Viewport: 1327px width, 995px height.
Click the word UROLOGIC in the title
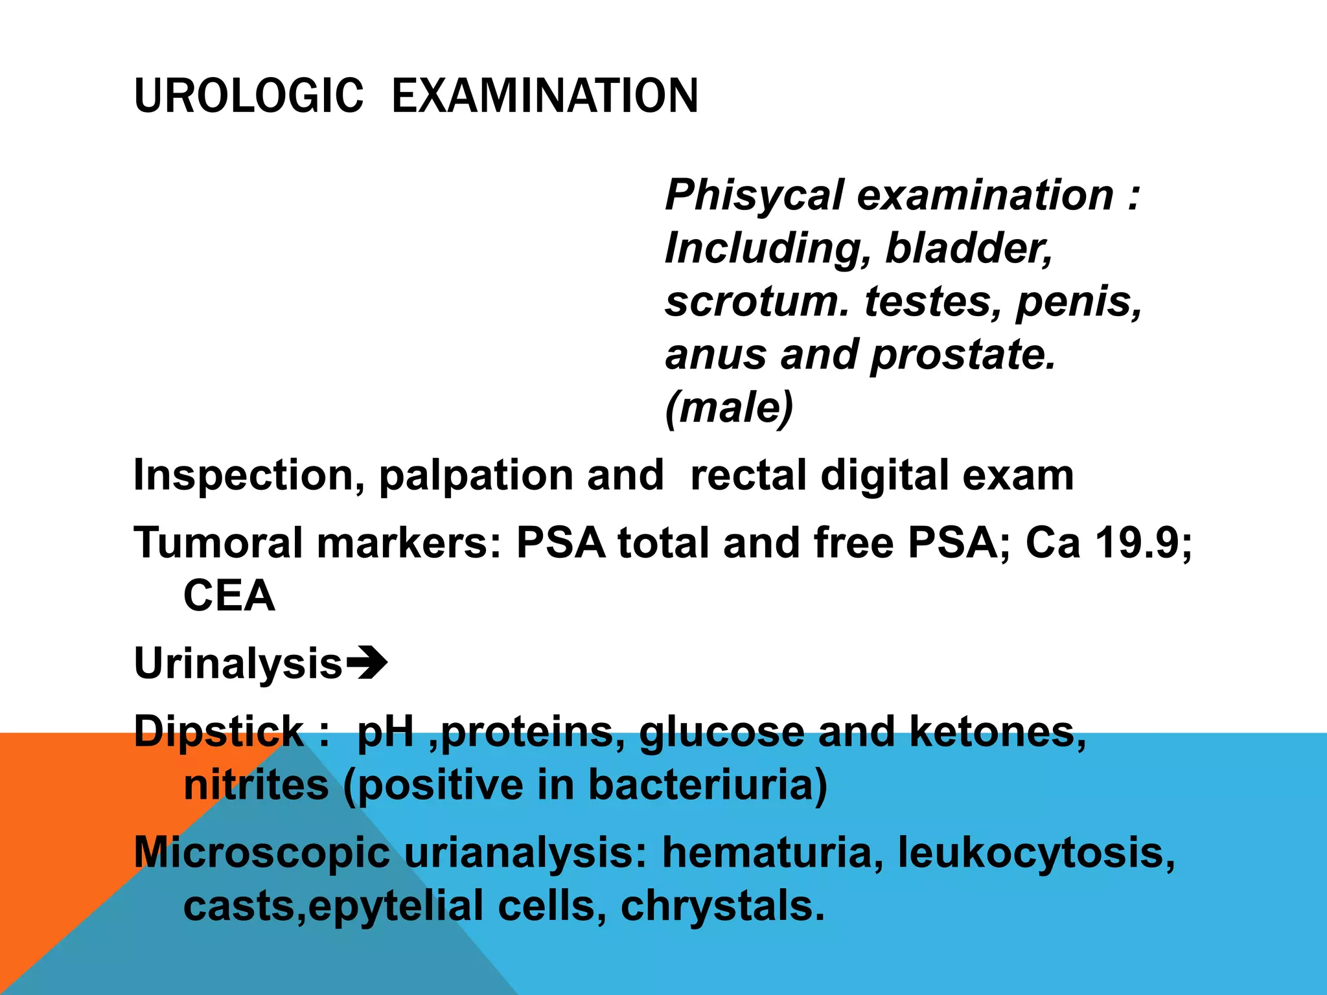point(248,96)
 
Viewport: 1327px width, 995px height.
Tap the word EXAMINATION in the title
point(545,96)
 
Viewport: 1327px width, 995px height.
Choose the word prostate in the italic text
point(963,356)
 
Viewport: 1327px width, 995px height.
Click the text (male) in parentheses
point(729,408)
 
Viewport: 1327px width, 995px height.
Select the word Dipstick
point(219,732)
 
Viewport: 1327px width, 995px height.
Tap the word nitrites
point(257,785)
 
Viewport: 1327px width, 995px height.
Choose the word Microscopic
point(262,852)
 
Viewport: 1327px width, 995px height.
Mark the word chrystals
point(722,906)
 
